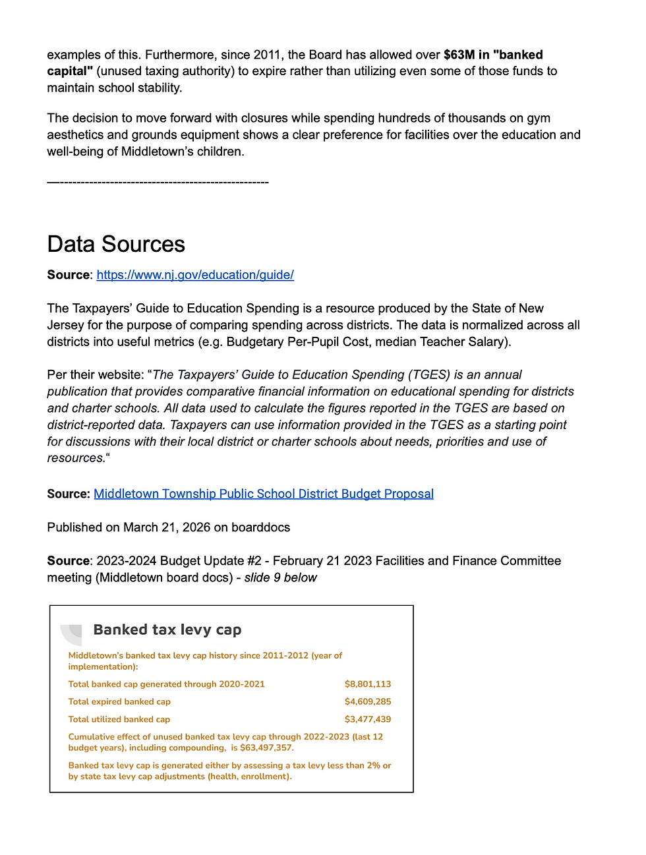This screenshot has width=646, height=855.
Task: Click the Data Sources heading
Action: tap(116, 245)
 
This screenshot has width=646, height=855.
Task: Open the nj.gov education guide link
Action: tap(195, 275)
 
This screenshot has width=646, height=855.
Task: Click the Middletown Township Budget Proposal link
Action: tap(264, 494)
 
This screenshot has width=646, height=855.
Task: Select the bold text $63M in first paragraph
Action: tap(459, 55)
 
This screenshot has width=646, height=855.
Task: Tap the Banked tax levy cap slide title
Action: tap(167, 630)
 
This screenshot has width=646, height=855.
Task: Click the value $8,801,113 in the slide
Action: tap(368, 684)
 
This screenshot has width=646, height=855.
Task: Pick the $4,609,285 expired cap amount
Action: tap(368, 701)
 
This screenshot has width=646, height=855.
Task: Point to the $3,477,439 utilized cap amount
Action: tap(368, 719)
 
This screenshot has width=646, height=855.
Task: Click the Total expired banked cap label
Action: tap(119, 701)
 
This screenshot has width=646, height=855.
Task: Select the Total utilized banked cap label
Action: tap(119, 719)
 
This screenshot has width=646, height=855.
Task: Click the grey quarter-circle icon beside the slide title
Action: tap(72, 634)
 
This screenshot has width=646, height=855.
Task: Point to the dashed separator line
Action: tap(158, 182)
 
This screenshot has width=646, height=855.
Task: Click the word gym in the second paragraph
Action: tap(539, 118)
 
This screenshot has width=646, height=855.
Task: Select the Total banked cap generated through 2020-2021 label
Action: tap(167, 684)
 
